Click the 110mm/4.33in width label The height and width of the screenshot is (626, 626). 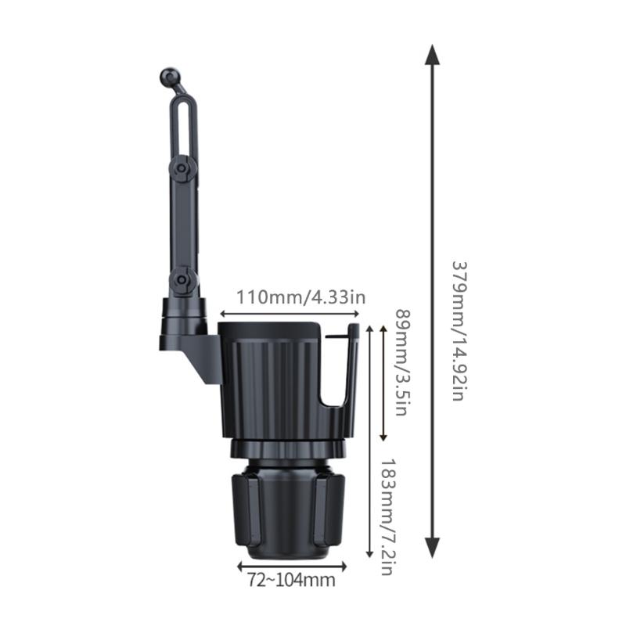click(x=302, y=297)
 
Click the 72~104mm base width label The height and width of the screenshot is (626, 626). click(x=291, y=580)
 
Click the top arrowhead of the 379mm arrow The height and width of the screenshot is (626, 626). click(x=432, y=55)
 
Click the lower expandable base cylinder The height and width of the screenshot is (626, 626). click(x=286, y=509)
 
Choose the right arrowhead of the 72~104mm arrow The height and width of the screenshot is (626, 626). click(x=344, y=563)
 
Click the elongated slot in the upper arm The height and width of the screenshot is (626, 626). click(x=183, y=125)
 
